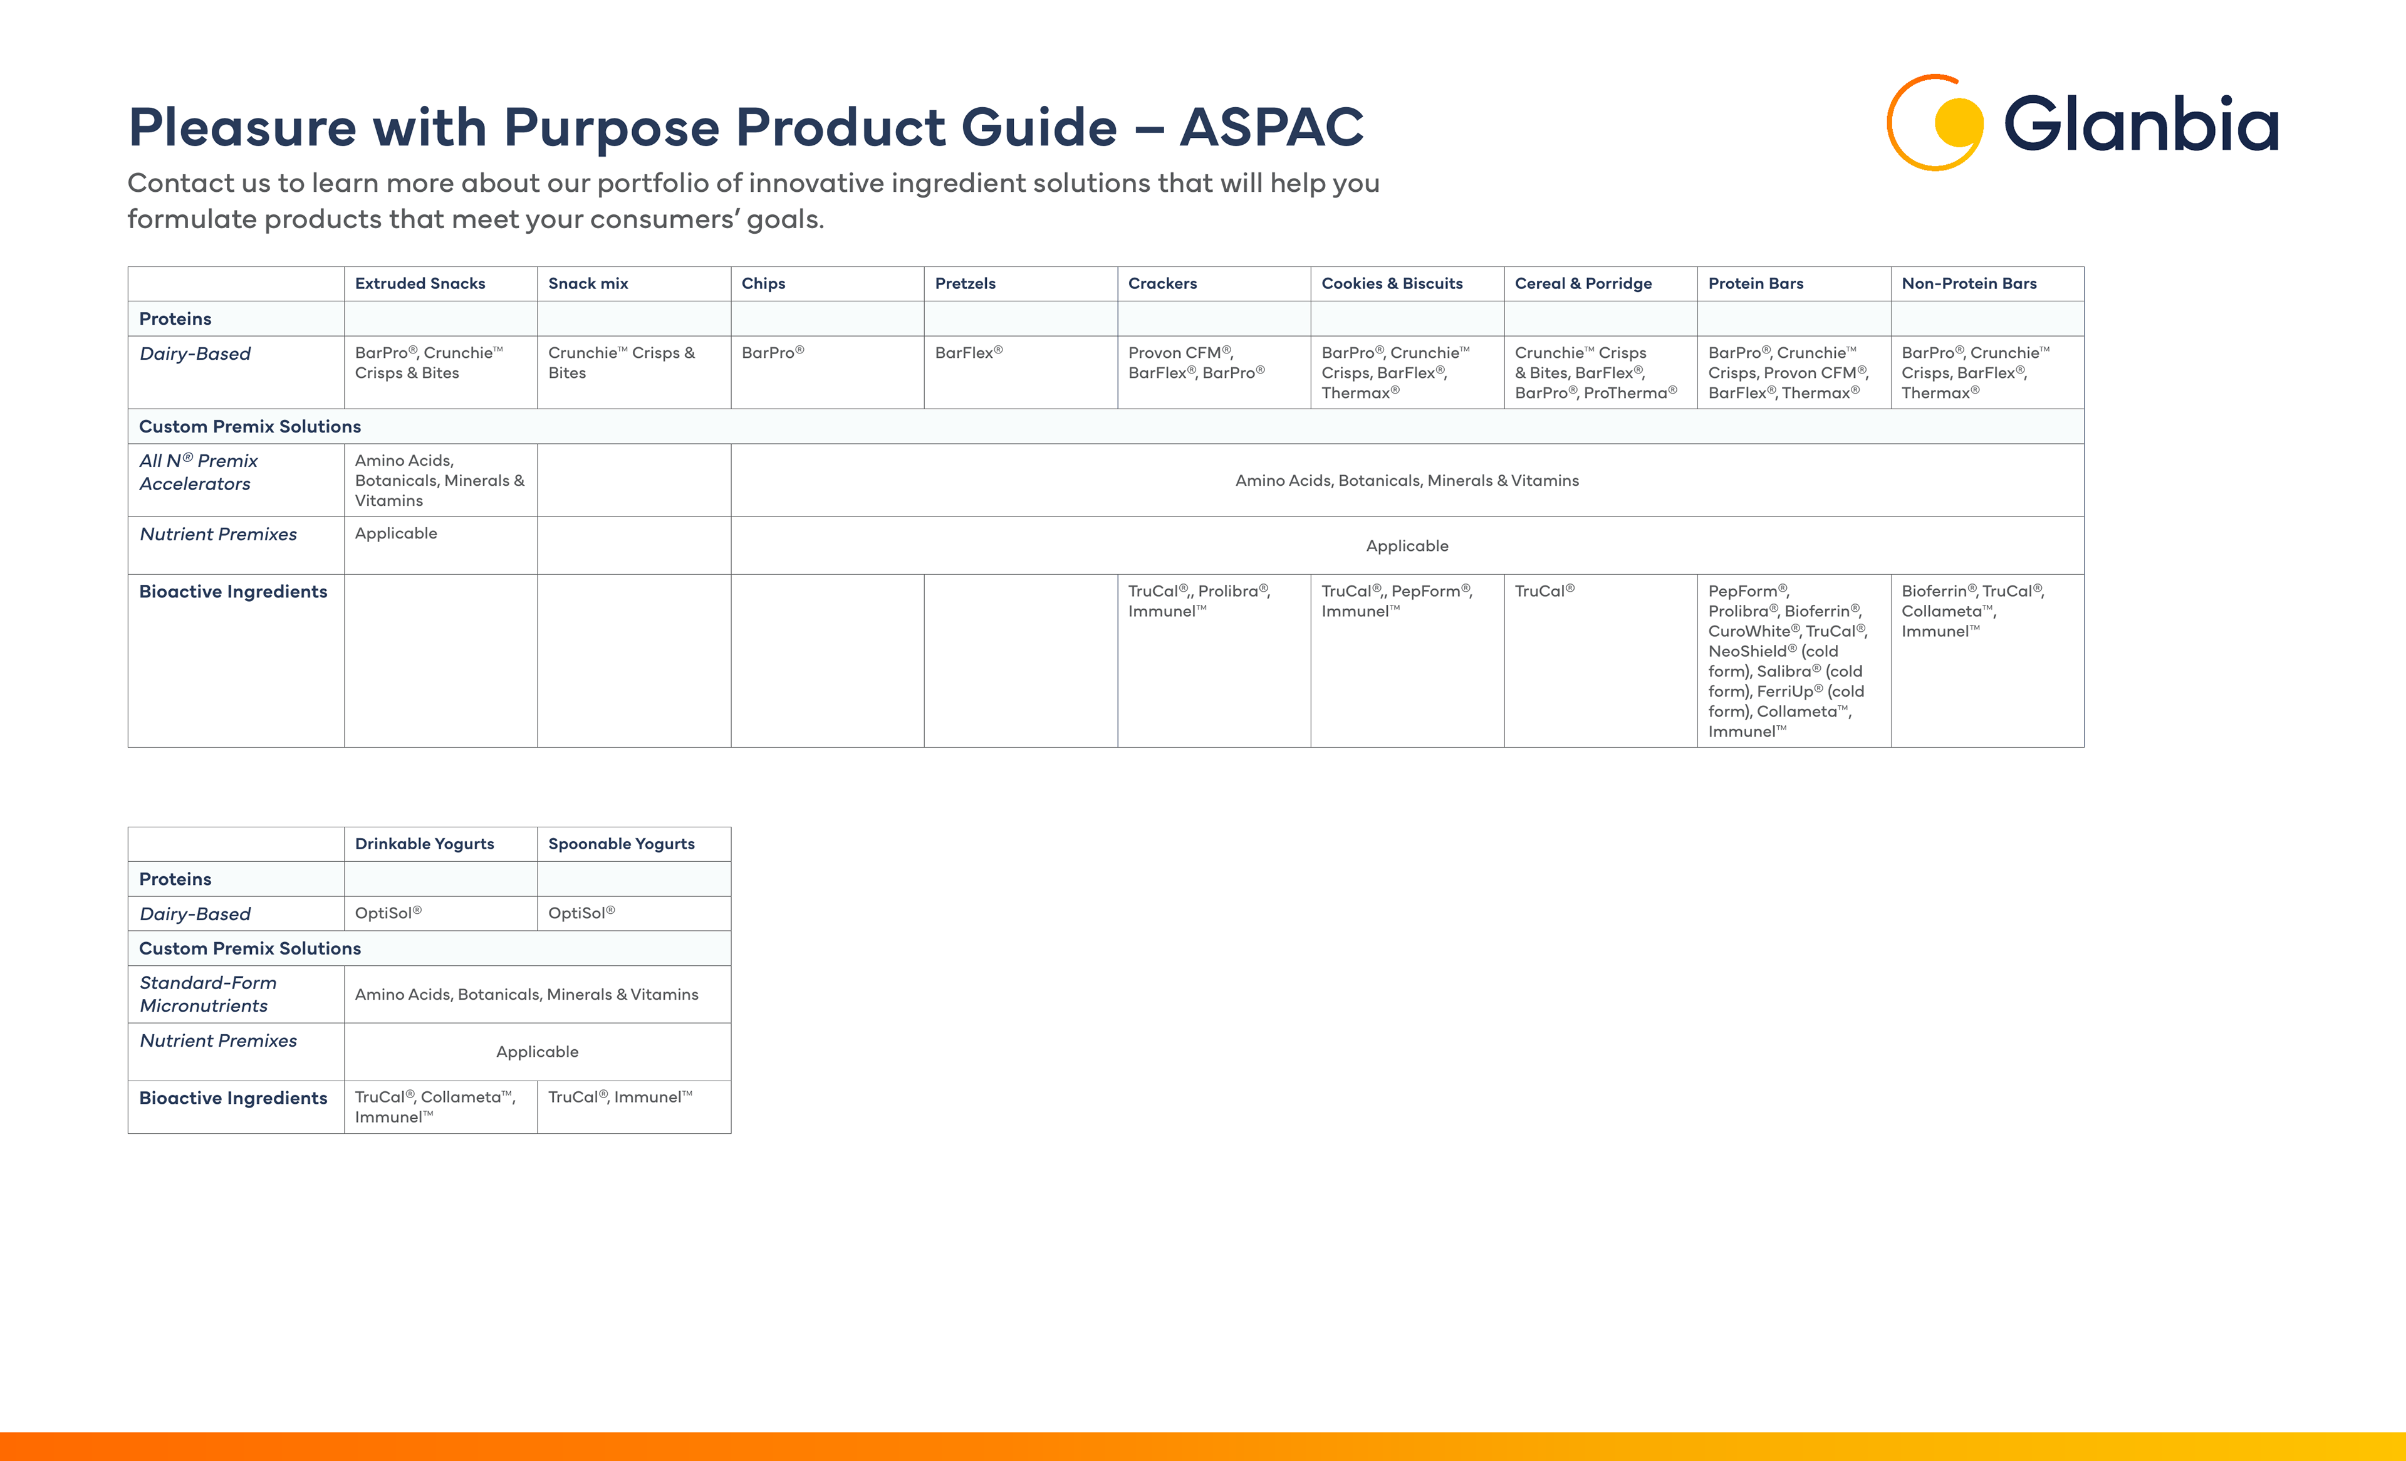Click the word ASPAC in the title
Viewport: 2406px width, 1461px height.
click(x=1271, y=128)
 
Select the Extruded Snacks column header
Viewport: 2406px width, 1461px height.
click(x=420, y=283)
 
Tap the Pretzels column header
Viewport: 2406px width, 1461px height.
click(x=965, y=283)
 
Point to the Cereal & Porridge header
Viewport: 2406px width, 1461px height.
click(x=1583, y=283)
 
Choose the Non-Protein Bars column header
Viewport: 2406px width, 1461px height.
click(x=1969, y=283)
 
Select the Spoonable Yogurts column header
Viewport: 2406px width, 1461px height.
click(x=621, y=844)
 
